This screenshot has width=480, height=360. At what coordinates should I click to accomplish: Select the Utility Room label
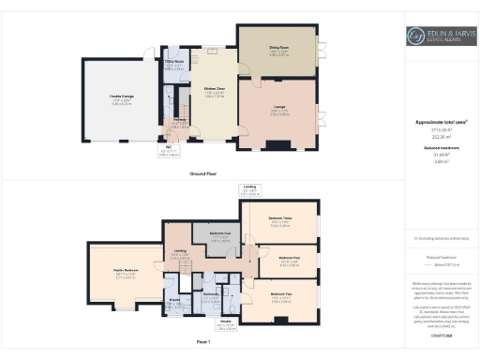click(174, 65)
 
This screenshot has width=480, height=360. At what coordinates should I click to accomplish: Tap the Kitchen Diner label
click(216, 92)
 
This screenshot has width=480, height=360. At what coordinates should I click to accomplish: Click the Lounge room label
click(279, 109)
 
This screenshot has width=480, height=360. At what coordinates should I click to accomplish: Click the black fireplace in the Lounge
click(279, 144)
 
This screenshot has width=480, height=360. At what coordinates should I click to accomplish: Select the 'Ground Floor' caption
click(203, 174)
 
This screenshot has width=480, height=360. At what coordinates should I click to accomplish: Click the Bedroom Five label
click(219, 237)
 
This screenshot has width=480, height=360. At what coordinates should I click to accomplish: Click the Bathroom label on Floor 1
click(211, 296)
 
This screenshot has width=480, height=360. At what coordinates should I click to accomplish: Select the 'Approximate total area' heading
click(441, 123)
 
